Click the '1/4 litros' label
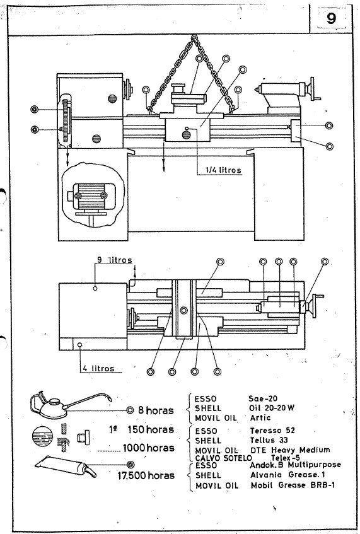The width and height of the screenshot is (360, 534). tap(223, 170)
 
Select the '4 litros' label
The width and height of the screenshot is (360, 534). tap(98, 368)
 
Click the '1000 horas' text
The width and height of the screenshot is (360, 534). tap(149, 448)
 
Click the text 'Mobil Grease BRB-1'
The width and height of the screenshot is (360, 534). tap(288, 487)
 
